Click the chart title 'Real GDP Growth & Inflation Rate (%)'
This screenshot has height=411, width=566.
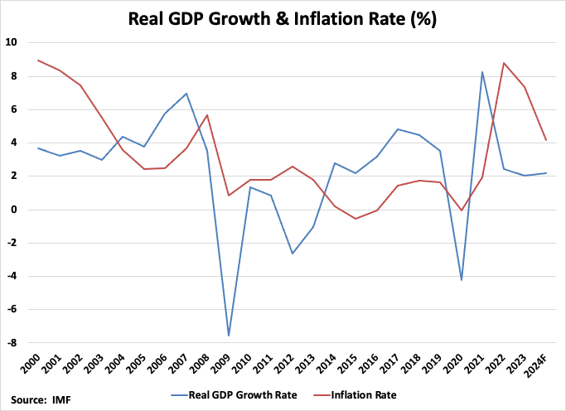click(x=283, y=17)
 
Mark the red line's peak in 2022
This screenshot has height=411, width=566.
click(x=504, y=62)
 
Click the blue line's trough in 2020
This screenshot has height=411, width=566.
click(x=462, y=280)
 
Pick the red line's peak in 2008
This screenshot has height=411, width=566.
click(x=207, y=115)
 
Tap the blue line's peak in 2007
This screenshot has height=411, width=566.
click(x=186, y=94)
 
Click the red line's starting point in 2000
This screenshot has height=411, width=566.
click(x=39, y=60)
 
